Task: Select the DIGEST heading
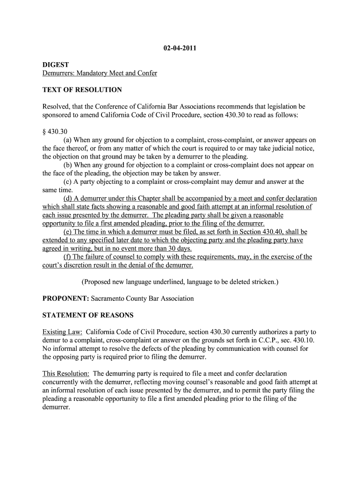tap(55, 65)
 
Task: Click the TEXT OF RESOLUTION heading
tap(82, 89)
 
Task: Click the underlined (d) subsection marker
tap(68, 199)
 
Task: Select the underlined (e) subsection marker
tap(68, 232)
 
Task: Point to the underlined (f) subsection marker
tap(67, 257)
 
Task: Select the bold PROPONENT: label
tap(65, 298)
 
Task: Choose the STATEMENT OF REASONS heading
tap(88, 315)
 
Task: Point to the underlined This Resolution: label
tap(66, 374)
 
